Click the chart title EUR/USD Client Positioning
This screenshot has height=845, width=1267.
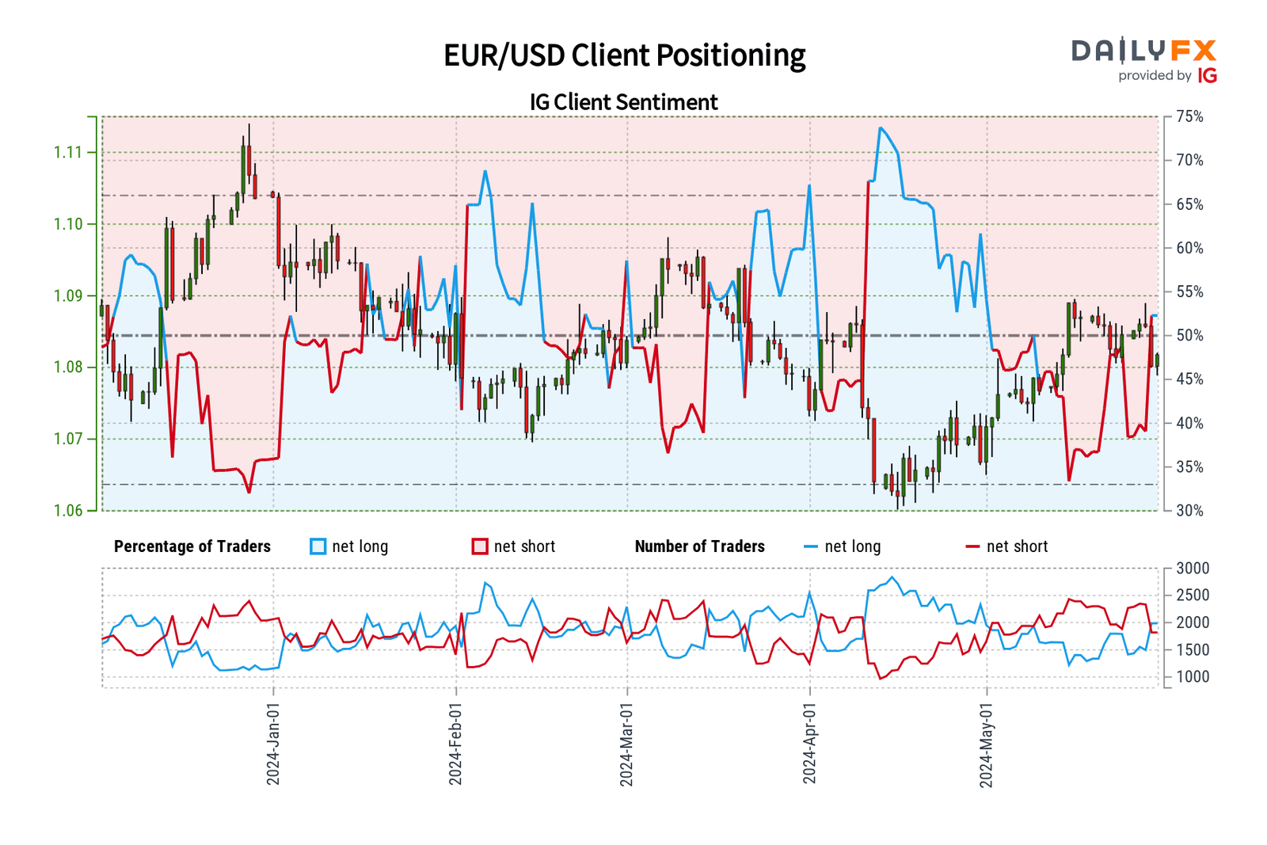pos(624,55)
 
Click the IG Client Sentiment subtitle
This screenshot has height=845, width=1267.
pos(624,102)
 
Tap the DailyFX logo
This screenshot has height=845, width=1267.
pos(1143,51)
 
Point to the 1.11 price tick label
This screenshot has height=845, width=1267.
pos(67,152)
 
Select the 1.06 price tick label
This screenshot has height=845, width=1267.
pos(67,511)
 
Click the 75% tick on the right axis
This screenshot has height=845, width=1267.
pos(1189,117)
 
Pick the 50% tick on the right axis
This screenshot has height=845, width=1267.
pos(1189,336)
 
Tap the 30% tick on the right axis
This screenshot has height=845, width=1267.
pos(1189,511)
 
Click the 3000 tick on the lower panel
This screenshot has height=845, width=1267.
pos(1193,569)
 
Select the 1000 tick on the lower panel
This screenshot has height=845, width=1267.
pos(1193,677)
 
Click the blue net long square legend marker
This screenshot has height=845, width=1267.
pos(318,546)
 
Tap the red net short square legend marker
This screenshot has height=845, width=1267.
pos(480,546)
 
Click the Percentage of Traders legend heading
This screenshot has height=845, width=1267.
pos(192,546)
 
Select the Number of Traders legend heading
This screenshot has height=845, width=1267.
pos(699,546)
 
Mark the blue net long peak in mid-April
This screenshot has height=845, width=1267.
pos(880,128)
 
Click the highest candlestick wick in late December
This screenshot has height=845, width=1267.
pos(249,125)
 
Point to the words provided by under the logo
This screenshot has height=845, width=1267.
pos(1155,76)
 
